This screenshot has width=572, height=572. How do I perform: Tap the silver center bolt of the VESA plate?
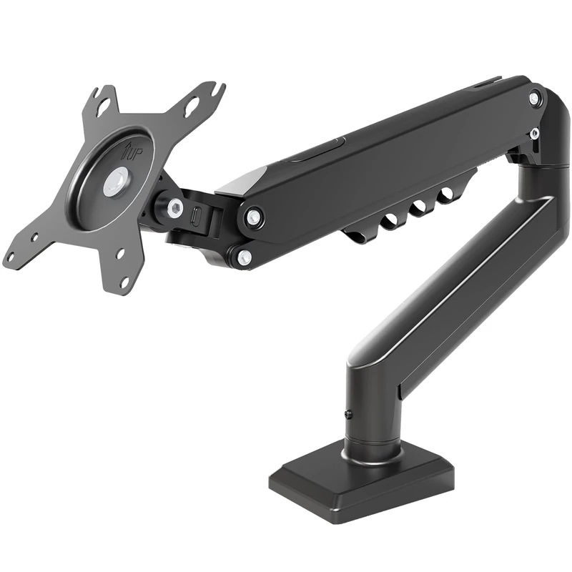(x=117, y=181)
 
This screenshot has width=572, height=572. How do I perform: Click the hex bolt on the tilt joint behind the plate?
(x=172, y=207)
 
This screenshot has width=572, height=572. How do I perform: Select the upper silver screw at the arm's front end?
(x=252, y=215)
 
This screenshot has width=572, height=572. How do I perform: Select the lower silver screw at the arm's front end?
(x=244, y=255)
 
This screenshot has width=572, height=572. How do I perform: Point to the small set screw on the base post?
(x=348, y=415)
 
